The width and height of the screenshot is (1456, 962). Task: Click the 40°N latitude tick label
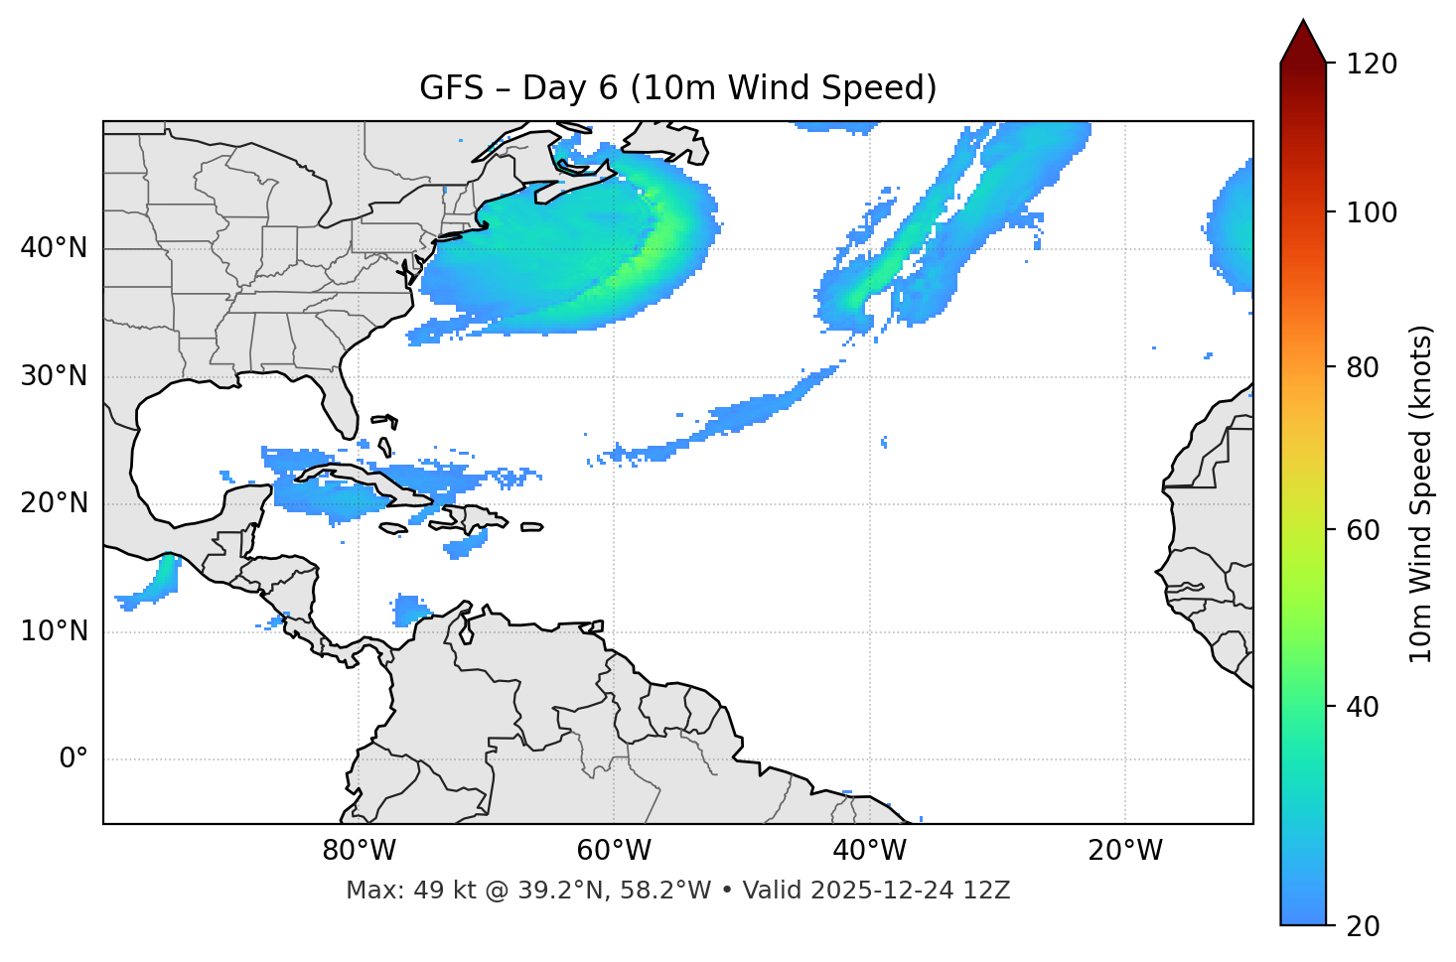pos(54,247)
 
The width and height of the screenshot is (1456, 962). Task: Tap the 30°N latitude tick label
pos(54,376)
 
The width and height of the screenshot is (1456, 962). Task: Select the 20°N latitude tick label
pos(54,503)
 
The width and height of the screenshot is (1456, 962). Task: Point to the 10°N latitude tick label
pos(54,631)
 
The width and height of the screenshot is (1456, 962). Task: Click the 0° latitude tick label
pos(73,759)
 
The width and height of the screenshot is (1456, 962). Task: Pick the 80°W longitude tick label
pos(359,851)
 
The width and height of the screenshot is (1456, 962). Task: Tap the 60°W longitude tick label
pos(614,851)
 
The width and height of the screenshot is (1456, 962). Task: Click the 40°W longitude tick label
pos(869,851)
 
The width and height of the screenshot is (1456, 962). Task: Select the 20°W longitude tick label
pos(1125,851)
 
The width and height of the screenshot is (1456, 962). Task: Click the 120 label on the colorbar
pos(1372,65)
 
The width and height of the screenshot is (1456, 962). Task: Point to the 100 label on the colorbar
pos(1372,212)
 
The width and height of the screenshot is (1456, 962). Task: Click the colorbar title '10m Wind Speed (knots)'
pos(1422,493)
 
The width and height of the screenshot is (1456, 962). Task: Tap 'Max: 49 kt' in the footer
pos(391,891)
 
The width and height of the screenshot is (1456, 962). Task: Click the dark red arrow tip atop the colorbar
pos(1303,40)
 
